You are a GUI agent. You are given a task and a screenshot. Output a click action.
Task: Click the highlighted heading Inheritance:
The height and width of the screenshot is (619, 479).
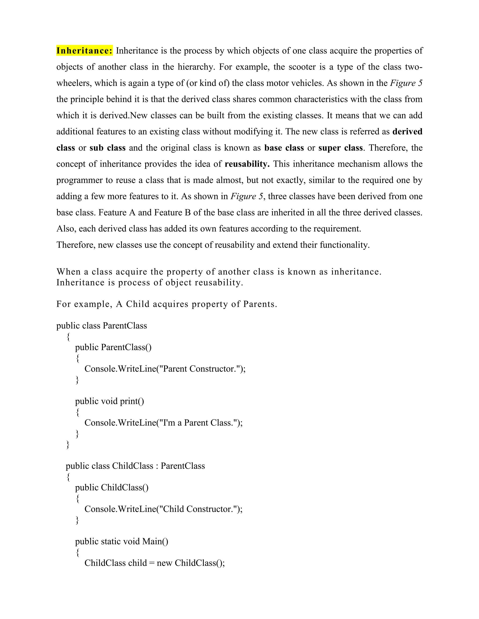coord(84,51)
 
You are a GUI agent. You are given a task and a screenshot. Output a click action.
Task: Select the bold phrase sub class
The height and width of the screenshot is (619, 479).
coord(108,148)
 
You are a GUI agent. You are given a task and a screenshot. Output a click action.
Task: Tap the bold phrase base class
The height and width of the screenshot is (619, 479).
coord(284,148)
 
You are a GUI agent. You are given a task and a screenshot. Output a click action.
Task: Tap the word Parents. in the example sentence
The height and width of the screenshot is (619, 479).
coord(260,304)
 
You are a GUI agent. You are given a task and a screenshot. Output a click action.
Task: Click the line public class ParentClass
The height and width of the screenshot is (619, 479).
coord(102,326)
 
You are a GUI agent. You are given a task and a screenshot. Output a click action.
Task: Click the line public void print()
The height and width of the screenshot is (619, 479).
coord(109,401)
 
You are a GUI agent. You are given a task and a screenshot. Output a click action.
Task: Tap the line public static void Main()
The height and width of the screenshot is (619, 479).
coord(121,541)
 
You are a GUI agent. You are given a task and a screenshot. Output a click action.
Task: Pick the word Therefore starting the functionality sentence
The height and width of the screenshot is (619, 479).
coord(75,245)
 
